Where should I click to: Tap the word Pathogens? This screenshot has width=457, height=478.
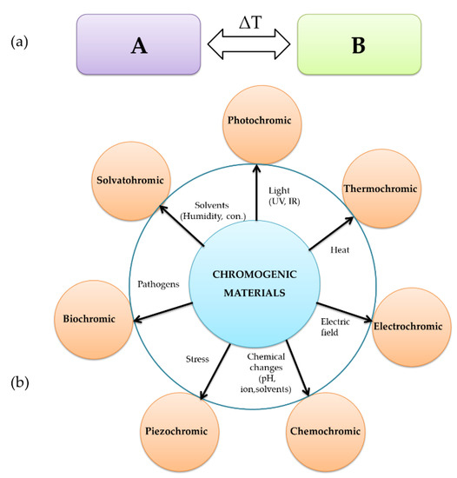[x=158, y=283]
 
